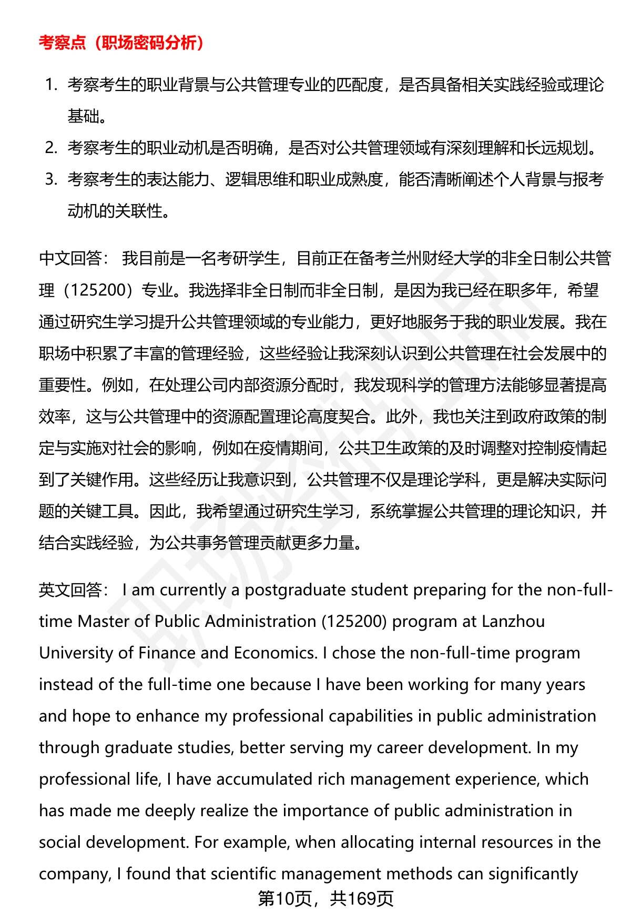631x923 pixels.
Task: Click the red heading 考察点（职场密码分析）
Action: pyautogui.click(x=121, y=43)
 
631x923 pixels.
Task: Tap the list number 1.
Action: pyautogui.click(x=50, y=85)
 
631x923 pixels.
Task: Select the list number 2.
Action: pyautogui.click(x=50, y=148)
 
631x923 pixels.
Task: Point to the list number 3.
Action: pyautogui.click(x=50, y=179)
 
